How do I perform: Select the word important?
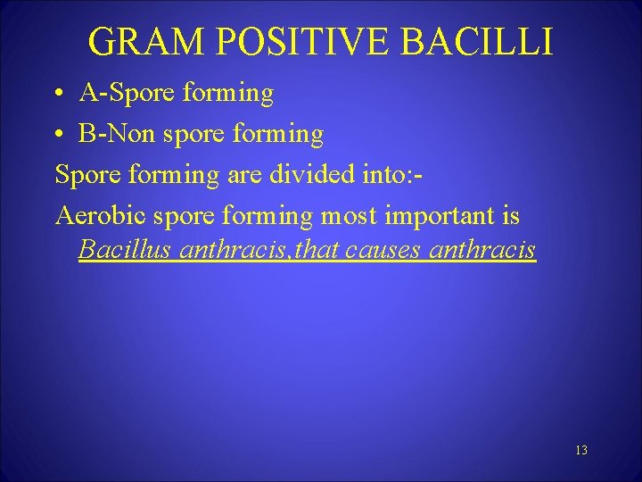[x=440, y=217]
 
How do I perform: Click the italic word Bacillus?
[x=126, y=249]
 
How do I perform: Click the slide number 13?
[x=580, y=451]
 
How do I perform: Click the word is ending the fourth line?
[x=510, y=216]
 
